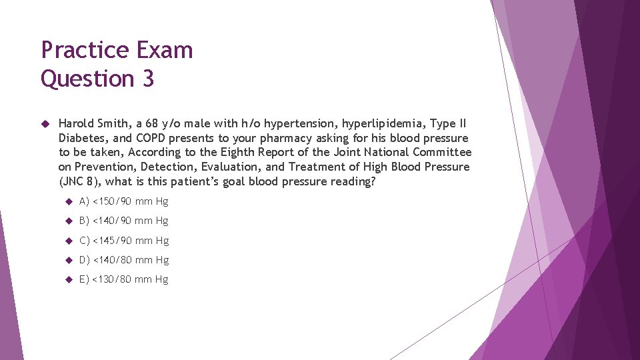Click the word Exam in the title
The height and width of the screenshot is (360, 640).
tap(167, 51)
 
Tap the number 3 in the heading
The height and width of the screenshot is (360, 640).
tap(147, 79)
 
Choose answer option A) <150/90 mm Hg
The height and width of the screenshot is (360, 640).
tap(123, 201)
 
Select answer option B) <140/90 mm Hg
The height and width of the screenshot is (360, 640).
tap(123, 221)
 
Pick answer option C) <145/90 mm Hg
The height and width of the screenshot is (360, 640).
tap(123, 240)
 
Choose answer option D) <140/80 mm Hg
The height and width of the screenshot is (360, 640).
tap(123, 259)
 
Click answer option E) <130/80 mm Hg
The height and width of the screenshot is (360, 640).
tap(123, 279)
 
